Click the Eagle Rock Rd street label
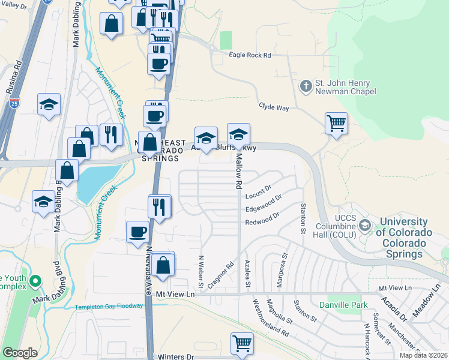coord(250,55)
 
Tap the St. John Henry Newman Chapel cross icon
coord(306,85)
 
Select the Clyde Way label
coord(274,106)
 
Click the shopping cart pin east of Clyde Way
coord(337,123)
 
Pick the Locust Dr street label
coord(259,196)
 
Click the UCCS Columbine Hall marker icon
coord(364,226)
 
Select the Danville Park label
coord(343,305)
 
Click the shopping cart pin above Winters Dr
coord(242,343)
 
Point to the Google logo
coord(20,353)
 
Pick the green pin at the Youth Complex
coord(35,280)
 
